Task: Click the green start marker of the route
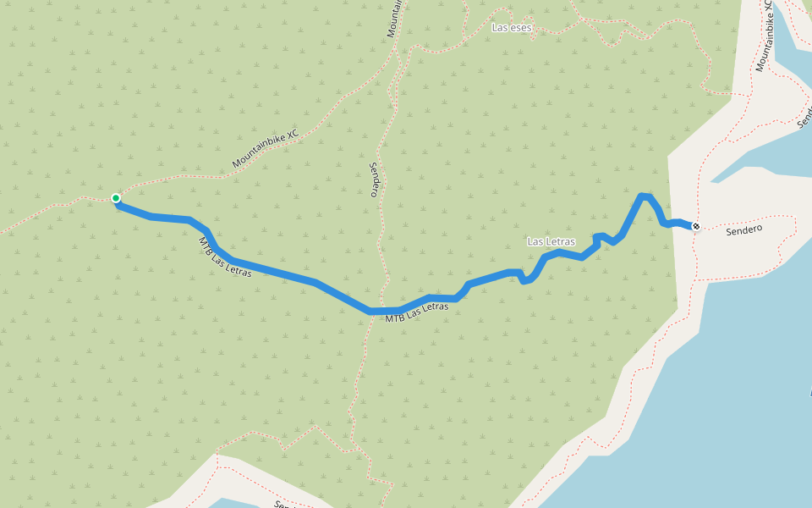[x=116, y=198]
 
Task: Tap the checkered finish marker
[x=696, y=226]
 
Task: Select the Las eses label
[x=513, y=28]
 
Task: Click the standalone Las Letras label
[x=551, y=241]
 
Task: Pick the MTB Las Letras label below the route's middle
[x=417, y=312]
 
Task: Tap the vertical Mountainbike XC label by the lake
[x=764, y=36]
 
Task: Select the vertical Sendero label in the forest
[x=373, y=179]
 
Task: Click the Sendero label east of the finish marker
[x=744, y=229]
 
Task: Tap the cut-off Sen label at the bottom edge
[x=283, y=504]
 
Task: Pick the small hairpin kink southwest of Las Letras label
[x=524, y=279]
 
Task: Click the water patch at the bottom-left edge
[x=228, y=503]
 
